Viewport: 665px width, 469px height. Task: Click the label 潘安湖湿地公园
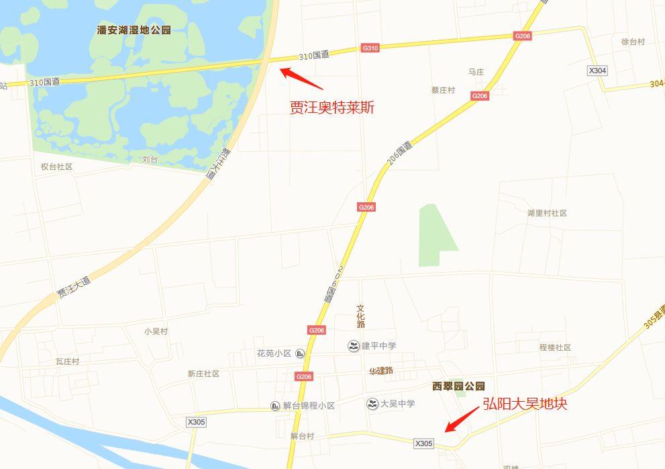[x=134, y=30]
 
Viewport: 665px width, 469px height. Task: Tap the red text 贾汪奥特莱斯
[x=331, y=108]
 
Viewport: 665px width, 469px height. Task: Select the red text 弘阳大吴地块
[x=525, y=404]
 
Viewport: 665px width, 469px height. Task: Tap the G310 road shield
[x=370, y=48]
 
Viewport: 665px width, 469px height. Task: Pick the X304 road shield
[x=597, y=71]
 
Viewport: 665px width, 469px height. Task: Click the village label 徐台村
[x=632, y=42]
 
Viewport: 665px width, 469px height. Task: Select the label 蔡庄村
[x=443, y=90]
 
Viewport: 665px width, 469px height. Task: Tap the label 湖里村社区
[x=547, y=213]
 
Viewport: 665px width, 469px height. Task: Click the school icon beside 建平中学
[x=352, y=346]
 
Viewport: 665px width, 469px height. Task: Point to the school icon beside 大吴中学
[x=372, y=404]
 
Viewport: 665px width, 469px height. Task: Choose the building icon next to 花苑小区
[x=300, y=353]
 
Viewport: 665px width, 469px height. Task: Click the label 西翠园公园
[x=458, y=386]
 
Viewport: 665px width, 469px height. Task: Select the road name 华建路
[x=380, y=370]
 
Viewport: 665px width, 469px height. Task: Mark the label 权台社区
[x=56, y=166]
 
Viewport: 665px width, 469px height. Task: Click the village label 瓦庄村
[x=67, y=361]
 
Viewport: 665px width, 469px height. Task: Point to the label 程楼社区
[x=555, y=347]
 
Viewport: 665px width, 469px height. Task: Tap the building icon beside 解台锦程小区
[x=275, y=406]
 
